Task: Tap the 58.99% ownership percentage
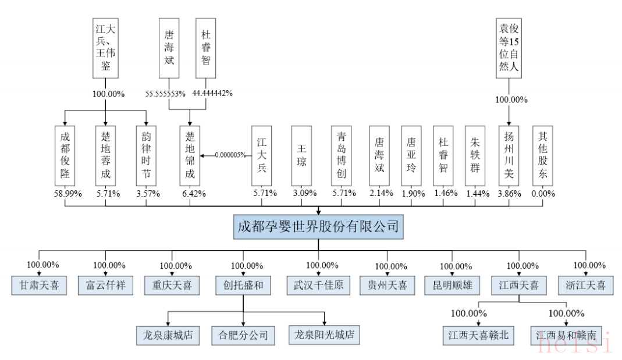click(x=65, y=194)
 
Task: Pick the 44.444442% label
click(x=212, y=94)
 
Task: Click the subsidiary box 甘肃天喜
click(x=39, y=286)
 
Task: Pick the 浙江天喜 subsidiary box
click(x=585, y=286)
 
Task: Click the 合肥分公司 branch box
click(x=244, y=334)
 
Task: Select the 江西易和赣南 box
click(x=567, y=336)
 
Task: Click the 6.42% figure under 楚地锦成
click(x=190, y=194)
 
